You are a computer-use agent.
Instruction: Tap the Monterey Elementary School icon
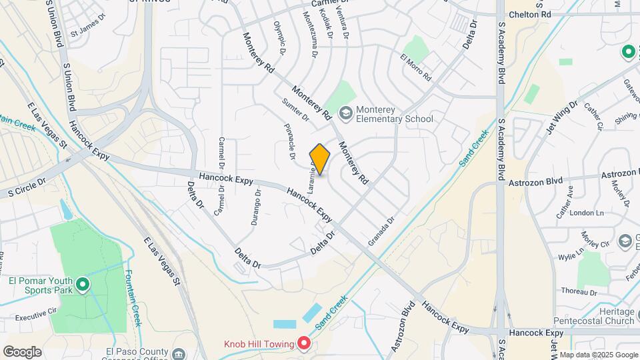(x=345, y=113)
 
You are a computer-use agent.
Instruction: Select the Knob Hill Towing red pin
(x=304, y=344)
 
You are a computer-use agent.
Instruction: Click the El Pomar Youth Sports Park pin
(x=83, y=285)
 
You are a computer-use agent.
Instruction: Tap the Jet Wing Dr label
(x=563, y=117)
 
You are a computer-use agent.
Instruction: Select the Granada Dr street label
(x=381, y=229)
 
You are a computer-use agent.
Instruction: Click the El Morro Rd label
(x=416, y=67)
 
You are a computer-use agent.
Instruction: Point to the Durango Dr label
(x=256, y=208)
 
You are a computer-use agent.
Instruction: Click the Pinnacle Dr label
(x=290, y=141)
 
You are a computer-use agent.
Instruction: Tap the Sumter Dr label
(x=295, y=110)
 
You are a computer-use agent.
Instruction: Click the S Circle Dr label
(x=26, y=187)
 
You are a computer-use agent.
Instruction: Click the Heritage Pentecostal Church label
(x=596, y=316)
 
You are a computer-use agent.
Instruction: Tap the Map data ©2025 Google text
(x=598, y=355)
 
